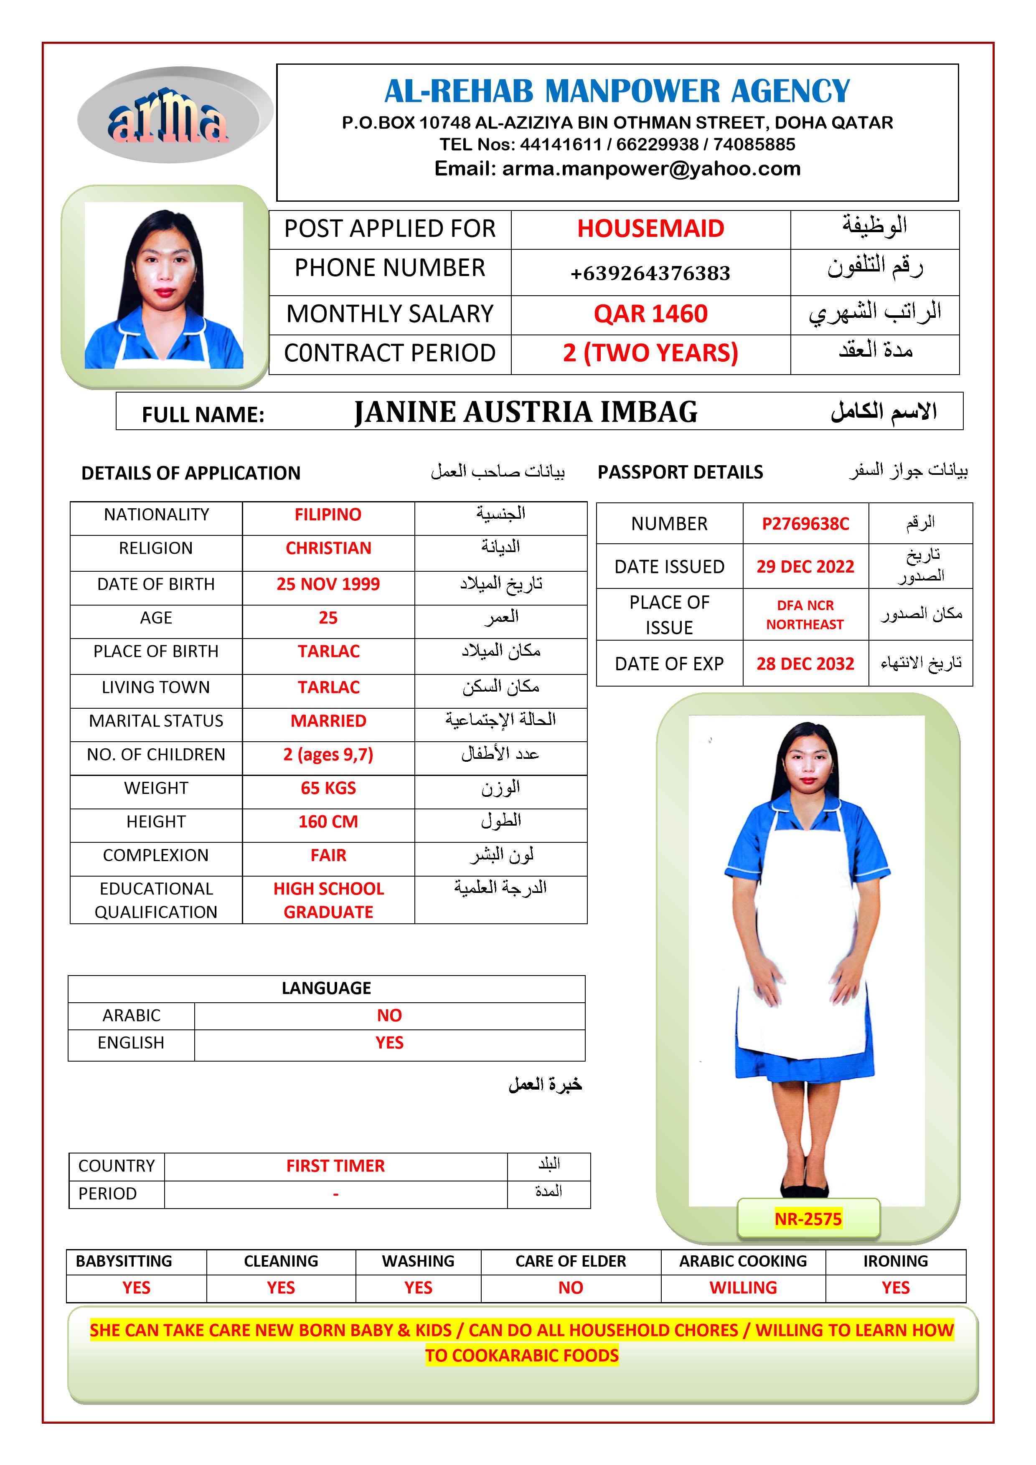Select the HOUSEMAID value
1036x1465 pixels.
tap(650, 228)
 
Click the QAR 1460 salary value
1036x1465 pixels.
tap(650, 314)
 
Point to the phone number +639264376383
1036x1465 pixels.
tap(650, 273)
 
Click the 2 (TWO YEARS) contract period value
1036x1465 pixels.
tap(650, 353)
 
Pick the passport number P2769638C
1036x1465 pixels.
tap(805, 524)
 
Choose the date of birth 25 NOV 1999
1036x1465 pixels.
tap(328, 584)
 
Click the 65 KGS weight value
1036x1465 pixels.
tap(328, 788)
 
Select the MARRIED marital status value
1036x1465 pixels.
tap(328, 720)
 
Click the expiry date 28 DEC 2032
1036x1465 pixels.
tap(805, 664)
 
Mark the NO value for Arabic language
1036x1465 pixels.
tap(389, 1015)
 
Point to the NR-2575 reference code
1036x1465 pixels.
tap(807, 1219)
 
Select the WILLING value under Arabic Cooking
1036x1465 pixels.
tap(743, 1288)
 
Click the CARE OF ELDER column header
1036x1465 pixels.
tap(570, 1262)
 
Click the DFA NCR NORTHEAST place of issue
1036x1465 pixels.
tap(805, 614)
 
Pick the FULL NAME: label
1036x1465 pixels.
tap(203, 415)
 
